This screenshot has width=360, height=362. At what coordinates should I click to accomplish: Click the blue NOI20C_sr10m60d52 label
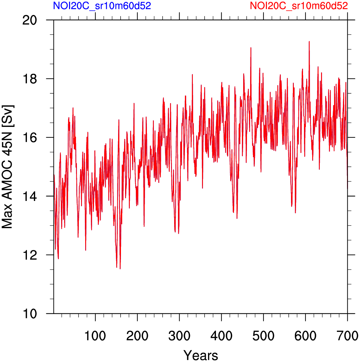102,6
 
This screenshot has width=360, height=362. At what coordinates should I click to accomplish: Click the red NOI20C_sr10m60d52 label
299,6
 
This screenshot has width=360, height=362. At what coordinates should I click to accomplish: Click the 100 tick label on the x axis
95,336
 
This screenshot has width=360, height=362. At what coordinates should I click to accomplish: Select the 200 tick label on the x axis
137,336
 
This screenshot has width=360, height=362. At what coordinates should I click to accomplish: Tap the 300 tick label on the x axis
179,336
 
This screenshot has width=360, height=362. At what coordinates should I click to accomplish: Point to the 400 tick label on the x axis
221,336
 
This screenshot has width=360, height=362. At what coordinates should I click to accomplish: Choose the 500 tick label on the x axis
263,336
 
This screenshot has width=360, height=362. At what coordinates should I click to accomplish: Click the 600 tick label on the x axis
306,336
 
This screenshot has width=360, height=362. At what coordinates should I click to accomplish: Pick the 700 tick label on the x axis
347,336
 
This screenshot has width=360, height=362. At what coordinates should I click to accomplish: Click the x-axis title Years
201,355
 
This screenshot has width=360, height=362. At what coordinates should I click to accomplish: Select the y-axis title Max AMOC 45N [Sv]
8,167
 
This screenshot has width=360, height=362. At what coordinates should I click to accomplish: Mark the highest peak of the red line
309,41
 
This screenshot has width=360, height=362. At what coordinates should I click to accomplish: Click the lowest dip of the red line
120,269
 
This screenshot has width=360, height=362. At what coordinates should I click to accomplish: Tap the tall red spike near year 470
251,48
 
